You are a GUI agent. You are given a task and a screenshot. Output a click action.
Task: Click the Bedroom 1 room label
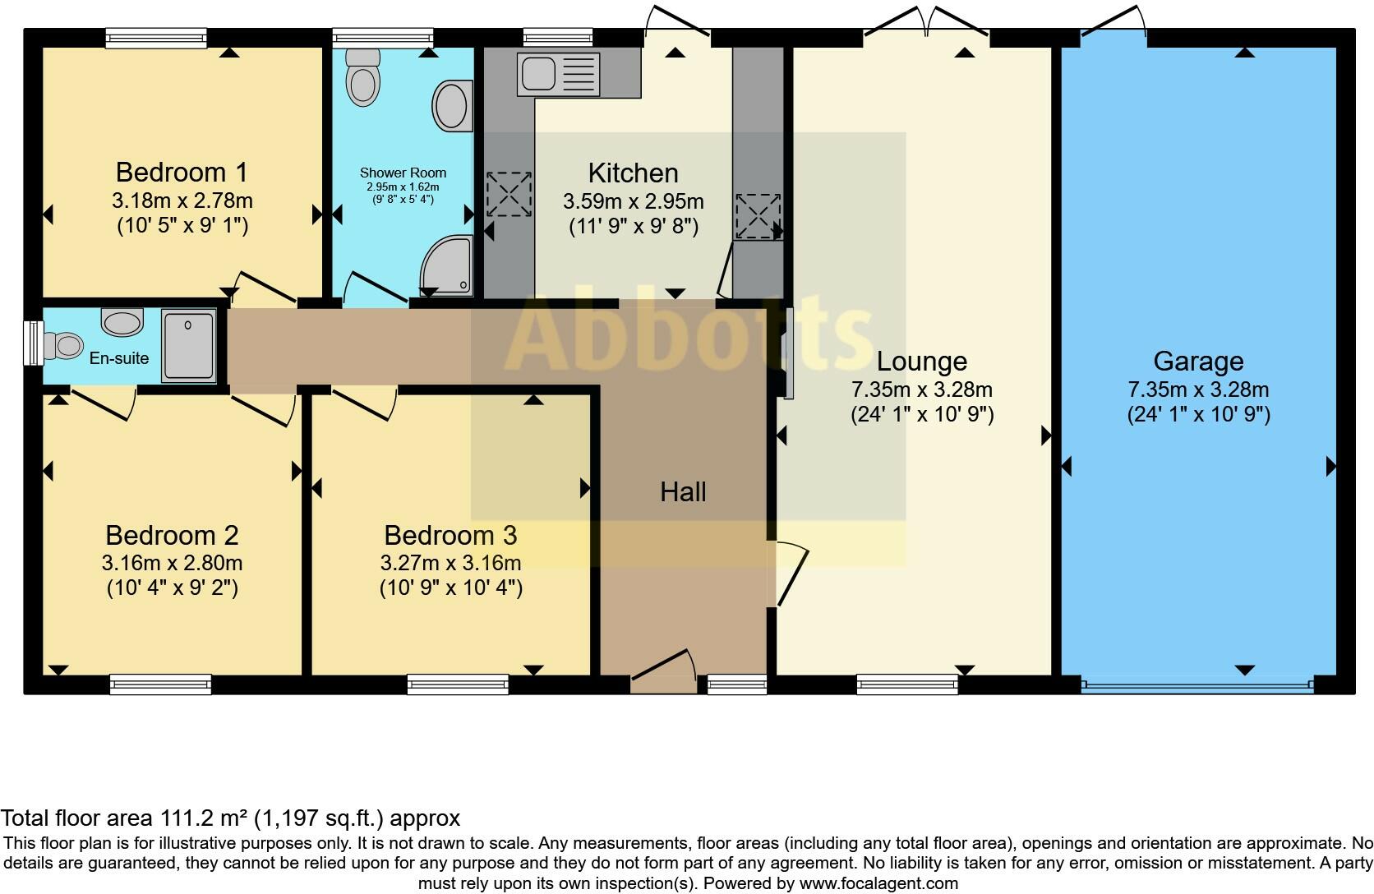[181, 173]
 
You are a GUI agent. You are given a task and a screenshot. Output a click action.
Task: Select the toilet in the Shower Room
[362, 78]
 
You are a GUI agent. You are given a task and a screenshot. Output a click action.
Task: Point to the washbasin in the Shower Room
[452, 105]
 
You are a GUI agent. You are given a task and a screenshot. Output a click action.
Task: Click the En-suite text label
[119, 358]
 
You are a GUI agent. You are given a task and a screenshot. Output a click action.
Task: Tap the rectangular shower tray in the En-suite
[188, 345]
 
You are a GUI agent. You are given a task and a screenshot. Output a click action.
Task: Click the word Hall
[683, 492]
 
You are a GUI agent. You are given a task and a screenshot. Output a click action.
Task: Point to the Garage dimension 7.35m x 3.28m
[1198, 389]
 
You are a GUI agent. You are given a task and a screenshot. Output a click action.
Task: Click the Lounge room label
[921, 362]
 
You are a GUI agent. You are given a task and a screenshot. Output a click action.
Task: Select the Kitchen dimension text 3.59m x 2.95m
[633, 201]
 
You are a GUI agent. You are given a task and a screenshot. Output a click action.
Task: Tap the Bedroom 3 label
[450, 536]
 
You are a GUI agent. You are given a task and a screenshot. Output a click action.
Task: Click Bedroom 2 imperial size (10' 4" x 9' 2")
[172, 588]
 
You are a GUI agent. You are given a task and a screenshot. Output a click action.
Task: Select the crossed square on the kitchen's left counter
[509, 194]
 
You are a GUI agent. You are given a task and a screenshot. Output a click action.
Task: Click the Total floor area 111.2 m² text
[230, 818]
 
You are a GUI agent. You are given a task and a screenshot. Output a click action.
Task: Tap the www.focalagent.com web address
[878, 884]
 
